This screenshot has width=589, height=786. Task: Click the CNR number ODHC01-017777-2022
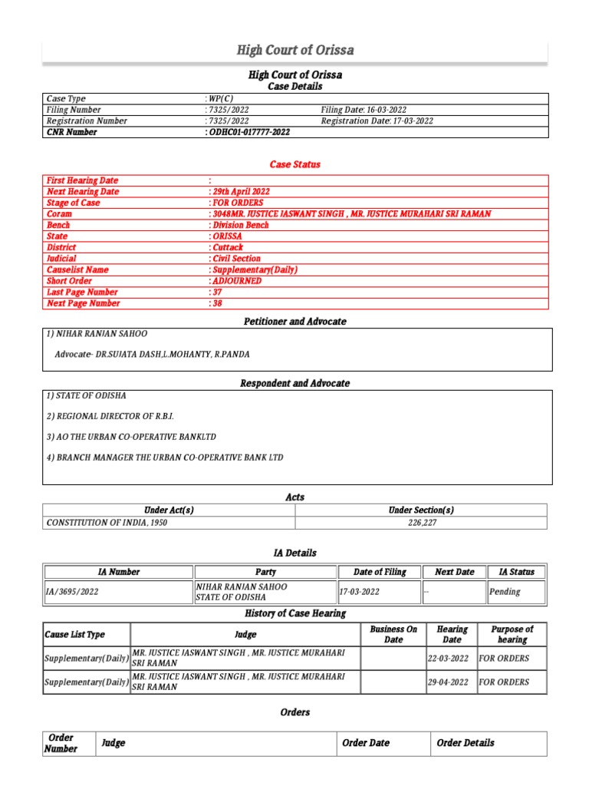point(248,132)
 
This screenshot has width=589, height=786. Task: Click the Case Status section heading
point(294,164)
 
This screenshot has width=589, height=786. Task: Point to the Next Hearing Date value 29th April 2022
point(240,191)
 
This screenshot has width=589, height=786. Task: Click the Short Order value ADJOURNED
point(236,281)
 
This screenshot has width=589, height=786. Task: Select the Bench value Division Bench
point(239,225)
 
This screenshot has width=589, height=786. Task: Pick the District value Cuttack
point(227,247)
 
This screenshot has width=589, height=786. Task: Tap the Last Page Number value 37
point(216,292)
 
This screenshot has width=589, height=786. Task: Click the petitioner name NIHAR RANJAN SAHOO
point(97,334)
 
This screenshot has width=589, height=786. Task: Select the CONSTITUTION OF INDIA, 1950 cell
point(107,523)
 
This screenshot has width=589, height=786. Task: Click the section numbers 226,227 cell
point(421,523)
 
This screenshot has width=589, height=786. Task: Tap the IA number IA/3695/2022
point(73,592)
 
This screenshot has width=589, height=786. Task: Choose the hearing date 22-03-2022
point(449,659)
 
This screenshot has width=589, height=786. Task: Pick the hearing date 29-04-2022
point(449,682)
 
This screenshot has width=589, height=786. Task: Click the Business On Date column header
point(393,634)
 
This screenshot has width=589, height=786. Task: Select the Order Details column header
point(466,743)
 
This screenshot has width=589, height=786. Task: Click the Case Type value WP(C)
point(221,99)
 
